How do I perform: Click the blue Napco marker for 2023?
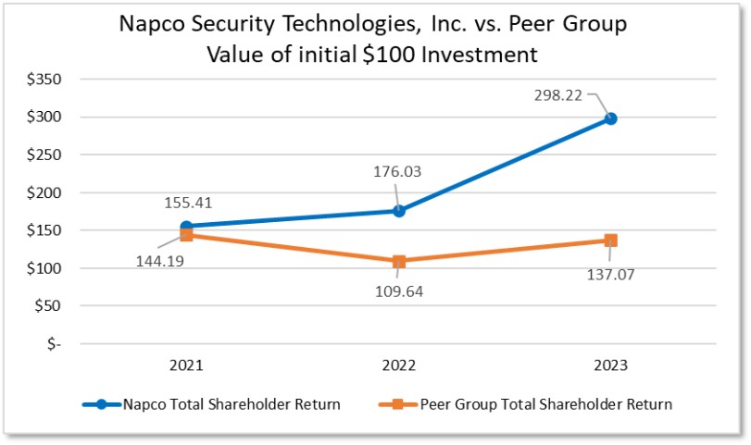tap(610, 118)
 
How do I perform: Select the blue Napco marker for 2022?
tap(399, 211)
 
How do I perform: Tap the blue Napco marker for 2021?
tap(186, 227)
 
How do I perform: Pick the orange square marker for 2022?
tap(399, 261)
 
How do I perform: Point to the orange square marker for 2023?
tap(610, 241)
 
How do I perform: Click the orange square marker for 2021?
tap(186, 234)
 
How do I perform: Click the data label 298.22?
tap(558, 95)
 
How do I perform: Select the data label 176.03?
tap(397, 172)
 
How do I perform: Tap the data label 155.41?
tap(188, 203)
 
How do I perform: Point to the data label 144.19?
tap(160, 261)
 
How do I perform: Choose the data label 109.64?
tap(399, 291)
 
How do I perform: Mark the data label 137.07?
tap(610, 275)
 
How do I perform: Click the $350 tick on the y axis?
tap(44, 80)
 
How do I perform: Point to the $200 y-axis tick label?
tap(44, 192)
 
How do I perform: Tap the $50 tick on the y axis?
tap(48, 305)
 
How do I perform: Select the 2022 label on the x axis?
tap(399, 365)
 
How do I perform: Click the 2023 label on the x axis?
tap(610, 365)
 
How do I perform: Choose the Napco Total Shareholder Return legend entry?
tap(211, 404)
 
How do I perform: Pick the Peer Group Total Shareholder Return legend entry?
tap(525, 404)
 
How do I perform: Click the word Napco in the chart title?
tap(152, 24)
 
